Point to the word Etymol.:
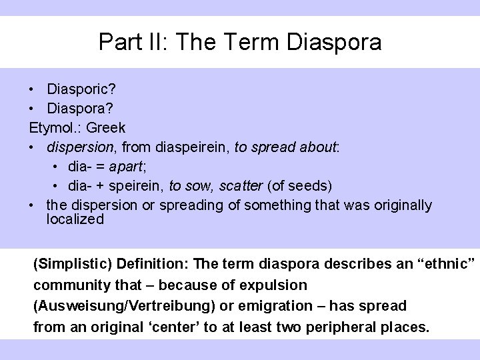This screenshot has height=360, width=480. coord(55,127)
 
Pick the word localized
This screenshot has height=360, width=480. coord(75,219)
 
